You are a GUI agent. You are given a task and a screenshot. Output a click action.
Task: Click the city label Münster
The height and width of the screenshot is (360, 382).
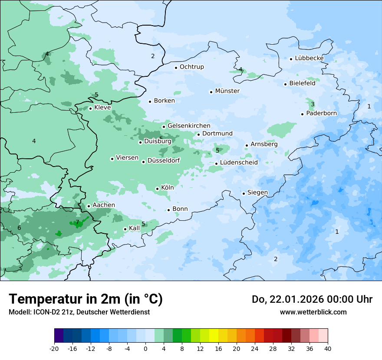click(x=227, y=91)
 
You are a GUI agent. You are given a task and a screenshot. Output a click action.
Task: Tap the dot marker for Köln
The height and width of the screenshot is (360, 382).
click(x=157, y=189)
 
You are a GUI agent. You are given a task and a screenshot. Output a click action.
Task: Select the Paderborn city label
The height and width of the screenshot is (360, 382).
click(x=321, y=113)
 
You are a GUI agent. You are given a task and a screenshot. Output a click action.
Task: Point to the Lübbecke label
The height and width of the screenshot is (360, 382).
click(x=309, y=58)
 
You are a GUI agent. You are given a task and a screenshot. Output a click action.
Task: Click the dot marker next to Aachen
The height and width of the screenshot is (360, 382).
click(x=89, y=206)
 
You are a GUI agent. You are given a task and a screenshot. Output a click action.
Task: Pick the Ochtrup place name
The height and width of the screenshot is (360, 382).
click(x=191, y=67)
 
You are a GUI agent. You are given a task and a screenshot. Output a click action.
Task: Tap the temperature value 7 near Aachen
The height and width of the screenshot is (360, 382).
click(x=77, y=222)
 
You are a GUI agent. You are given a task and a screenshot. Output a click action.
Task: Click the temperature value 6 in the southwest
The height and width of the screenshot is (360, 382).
click(x=19, y=228)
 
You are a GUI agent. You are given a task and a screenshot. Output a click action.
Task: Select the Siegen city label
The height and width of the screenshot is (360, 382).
click(x=257, y=193)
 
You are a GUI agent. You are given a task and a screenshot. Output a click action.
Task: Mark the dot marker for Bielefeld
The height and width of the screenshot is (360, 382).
click(x=285, y=84)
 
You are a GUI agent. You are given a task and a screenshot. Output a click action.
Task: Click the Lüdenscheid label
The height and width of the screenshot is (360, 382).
click(x=239, y=163)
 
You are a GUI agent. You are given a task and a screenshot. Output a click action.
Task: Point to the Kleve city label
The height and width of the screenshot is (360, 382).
click(x=102, y=108)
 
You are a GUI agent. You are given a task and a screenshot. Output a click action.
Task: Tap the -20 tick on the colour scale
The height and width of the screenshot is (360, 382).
click(x=54, y=348)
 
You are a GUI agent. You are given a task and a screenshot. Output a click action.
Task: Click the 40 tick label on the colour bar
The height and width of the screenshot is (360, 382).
click(x=328, y=348)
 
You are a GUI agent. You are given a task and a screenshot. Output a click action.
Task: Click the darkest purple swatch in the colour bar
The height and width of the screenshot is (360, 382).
click(x=59, y=336)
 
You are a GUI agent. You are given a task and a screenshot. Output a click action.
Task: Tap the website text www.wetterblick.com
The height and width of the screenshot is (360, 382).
click(x=313, y=312)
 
